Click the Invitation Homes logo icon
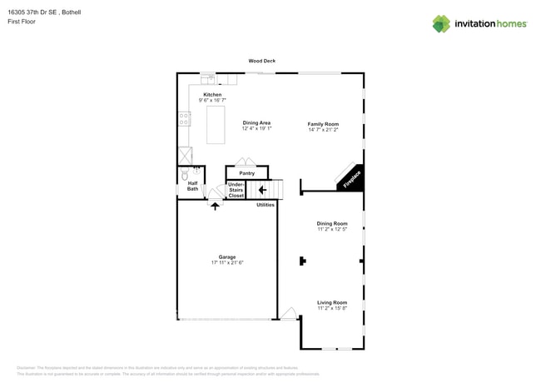tap(441, 24)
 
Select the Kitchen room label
tap(213, 95)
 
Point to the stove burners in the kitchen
tap(184, 119)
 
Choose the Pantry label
tap(246, 173)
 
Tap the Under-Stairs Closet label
tap(236, 190)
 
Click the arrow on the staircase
tap(262, 190)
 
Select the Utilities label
tap(266, 204)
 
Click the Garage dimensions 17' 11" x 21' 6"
tap(227, 262)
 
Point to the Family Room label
tap(323, 124)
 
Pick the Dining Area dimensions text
tap(256, 129)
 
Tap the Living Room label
tap(332, 302)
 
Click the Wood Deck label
tap(262, 61)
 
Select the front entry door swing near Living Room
tap(288, 314)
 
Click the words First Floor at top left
tap(31, 22)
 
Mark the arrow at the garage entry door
tap(215, 205)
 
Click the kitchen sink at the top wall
tap(208, 80)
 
